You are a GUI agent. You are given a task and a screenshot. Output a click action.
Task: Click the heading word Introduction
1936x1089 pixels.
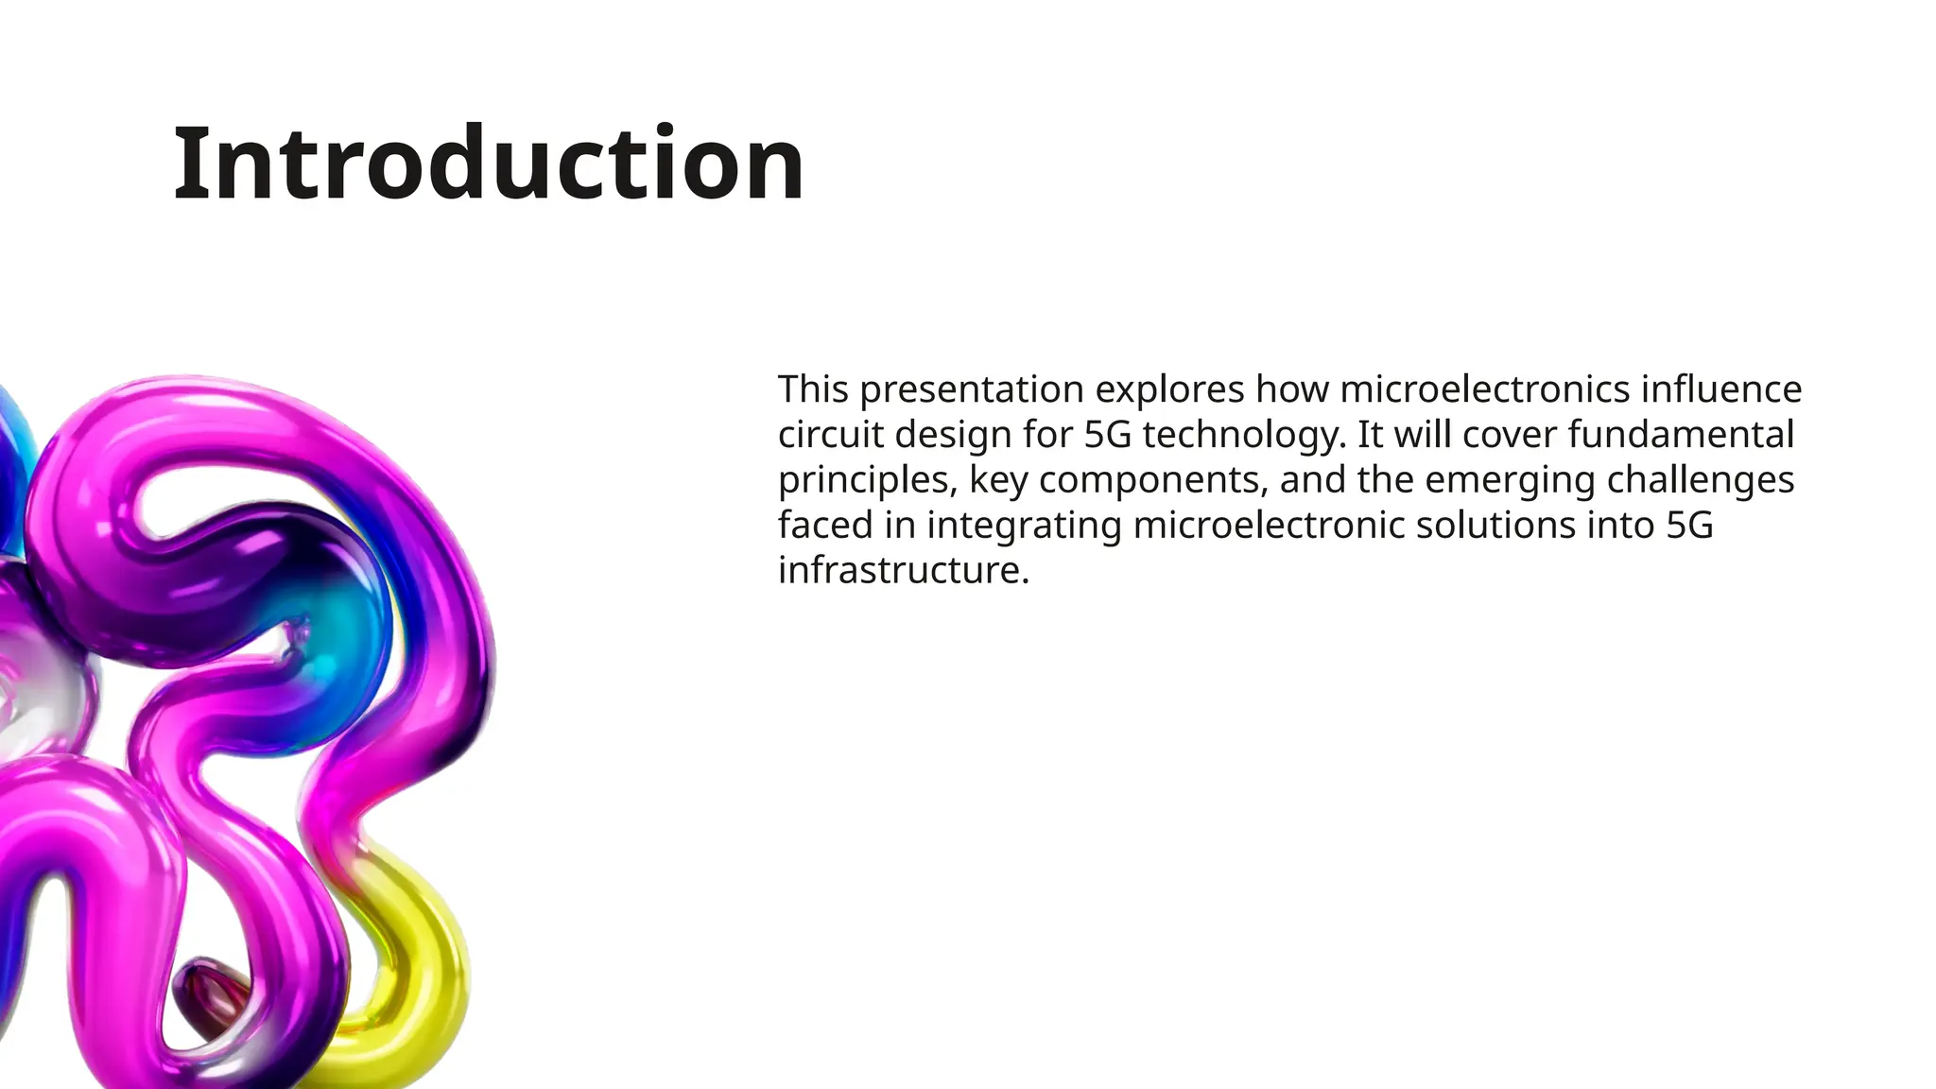[488, 164]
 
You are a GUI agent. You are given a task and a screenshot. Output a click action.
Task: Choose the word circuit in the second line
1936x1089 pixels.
[830, 435]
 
